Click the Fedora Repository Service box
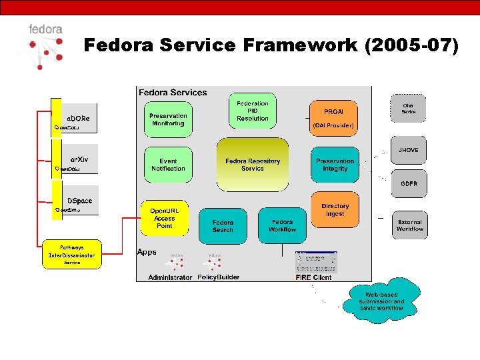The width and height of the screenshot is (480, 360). click(x=253, y=165)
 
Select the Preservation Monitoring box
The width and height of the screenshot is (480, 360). click(x=168, y=119)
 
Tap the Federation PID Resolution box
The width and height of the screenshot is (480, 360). click(x=253, y=111)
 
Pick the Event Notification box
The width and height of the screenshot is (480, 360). click(x=168, y=165)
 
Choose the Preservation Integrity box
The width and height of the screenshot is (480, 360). click(x=335, y=165)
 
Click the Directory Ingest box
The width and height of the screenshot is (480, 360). click(x=335, y=210)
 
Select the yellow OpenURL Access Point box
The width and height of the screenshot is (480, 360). click(x=164, y=218)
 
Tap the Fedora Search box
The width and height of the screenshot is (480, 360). click(x=223, y=226)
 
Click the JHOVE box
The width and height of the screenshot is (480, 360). click(x=409, y=151)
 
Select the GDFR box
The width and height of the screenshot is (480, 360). click(x=409, y=184)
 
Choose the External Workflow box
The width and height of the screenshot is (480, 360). click(x=409, y=225)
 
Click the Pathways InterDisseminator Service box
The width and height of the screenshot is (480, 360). click(x=72, y=255)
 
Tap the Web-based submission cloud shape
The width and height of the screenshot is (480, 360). click(x=381, y=301)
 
